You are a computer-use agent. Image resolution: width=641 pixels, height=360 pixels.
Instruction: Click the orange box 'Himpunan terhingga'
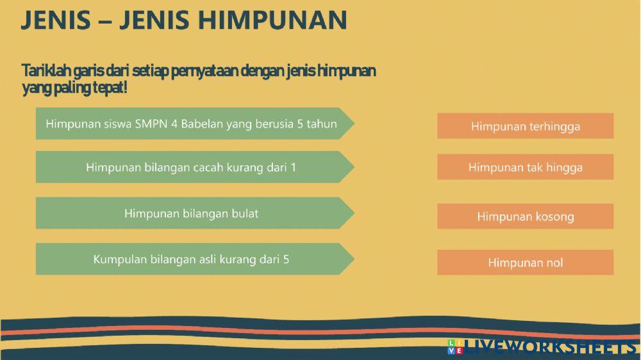pyautogui.click(x=525, y=126)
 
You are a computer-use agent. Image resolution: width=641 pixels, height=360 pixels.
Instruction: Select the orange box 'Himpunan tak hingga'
pyautogui.click(x=525, y=167)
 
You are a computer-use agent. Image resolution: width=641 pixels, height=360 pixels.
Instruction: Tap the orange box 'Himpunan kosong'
pyautogui.click(x=525, y=217)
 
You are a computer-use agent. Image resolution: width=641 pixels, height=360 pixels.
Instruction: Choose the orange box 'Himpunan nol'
pyautogui.click(x=525, y=263)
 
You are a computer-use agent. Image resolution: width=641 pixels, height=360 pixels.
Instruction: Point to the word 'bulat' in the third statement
pyautogui.click(x=244, y=213)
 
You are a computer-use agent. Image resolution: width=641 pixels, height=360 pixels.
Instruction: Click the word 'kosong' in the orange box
pyautogui.click(x=551, y=217)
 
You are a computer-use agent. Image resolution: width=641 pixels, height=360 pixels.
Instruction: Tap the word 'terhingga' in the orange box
pyautogui.click(x=554, y=126)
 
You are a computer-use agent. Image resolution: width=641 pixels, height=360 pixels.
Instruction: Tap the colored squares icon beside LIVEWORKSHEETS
pyautogui.click(x=454, y=347)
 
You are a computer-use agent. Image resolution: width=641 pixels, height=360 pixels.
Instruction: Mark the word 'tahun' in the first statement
pyautogui.click(x=322, y=124)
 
